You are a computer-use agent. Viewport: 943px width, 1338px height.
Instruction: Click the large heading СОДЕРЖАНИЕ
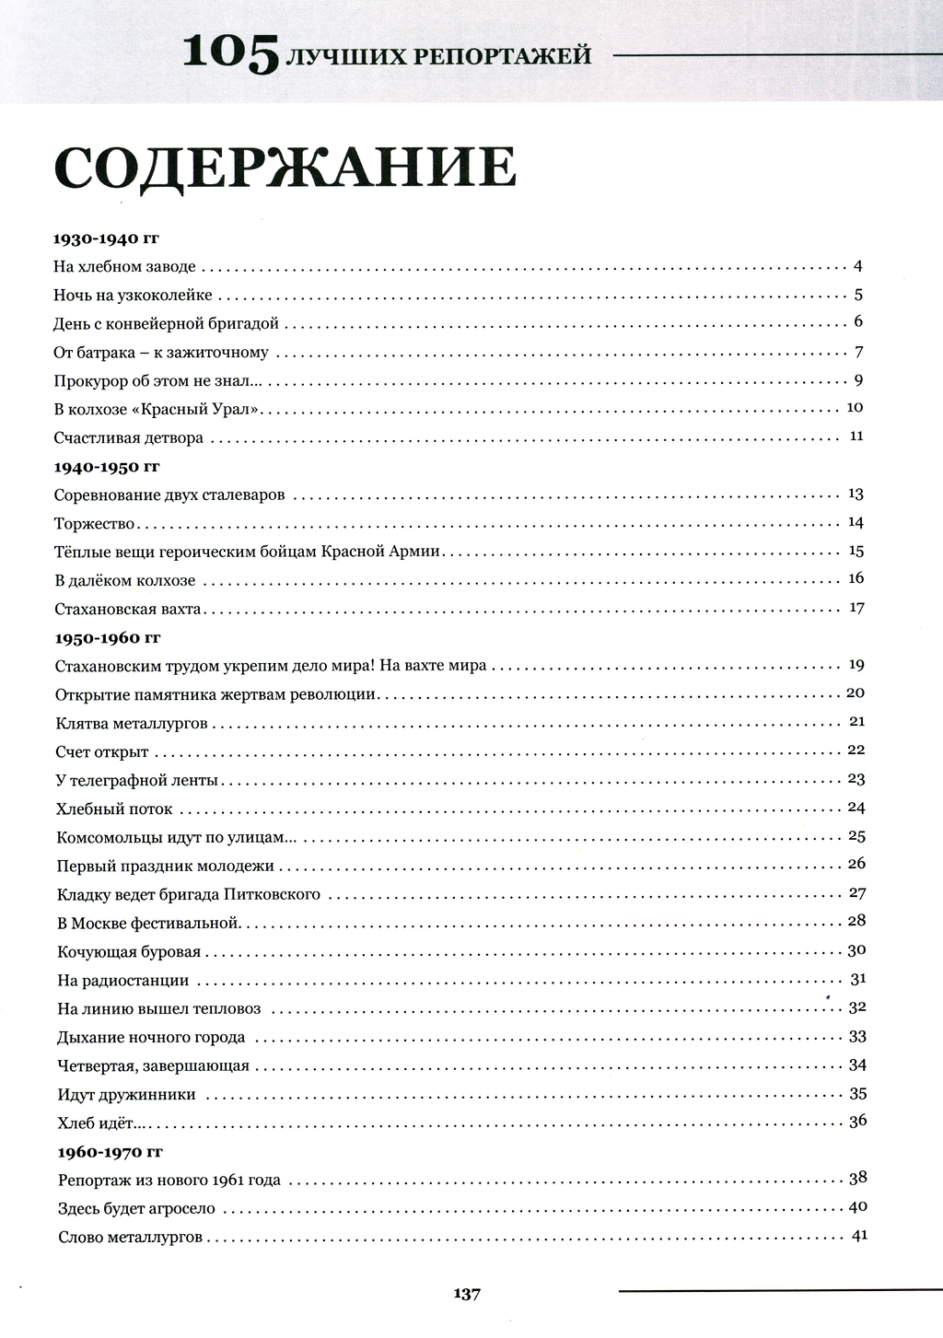click(x=285, y=168)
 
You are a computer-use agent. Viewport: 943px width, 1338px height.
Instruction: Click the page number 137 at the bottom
click(x=467, y=1294)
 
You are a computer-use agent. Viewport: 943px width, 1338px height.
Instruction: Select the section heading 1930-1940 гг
click(x=107, y=239)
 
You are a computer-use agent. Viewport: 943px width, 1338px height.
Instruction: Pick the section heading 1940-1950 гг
click(x=107, y=467)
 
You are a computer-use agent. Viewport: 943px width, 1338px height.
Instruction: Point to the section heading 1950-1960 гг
click(x=109, y=637)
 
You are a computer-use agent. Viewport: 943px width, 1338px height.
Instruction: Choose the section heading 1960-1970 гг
click(x=111, y=1152)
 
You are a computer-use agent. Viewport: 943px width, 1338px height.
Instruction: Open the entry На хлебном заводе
click(x=124, y=267)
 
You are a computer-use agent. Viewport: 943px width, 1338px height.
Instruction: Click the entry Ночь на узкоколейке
click(x=133, y=296)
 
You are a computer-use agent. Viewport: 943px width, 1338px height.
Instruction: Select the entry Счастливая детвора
click(x=128, y=437)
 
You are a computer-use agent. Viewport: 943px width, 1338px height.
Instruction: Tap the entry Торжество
click(x=95, y=524)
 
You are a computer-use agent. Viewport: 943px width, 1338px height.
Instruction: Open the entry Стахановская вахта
click(x=127, y=610)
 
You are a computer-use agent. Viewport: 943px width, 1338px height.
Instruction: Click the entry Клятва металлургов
click(x=132, y=723)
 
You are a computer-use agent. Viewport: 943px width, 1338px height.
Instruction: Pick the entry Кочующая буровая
click(x=128, y=951)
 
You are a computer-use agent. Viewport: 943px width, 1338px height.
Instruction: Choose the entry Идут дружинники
click(x=126, y=1094)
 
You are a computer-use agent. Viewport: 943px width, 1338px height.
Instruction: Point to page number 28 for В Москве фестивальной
click(x=856, y=921)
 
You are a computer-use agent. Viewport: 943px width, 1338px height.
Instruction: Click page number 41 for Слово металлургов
click(x=858, y=1236)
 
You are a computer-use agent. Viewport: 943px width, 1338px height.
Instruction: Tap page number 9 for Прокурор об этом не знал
click(x=857, y=379)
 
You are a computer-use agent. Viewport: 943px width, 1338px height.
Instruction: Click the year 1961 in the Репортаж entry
click(x=227, y=1180)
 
